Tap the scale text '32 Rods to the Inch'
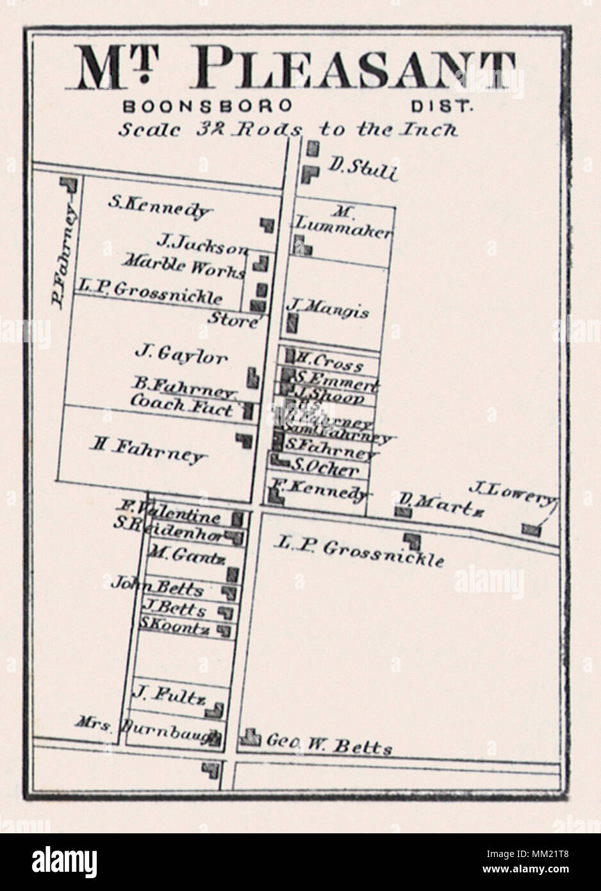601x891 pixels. (x=288, y=129)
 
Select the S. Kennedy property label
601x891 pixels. (x=160, y=206)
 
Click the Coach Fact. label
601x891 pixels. (x=182, y=406)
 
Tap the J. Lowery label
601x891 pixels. (x=513, y=492)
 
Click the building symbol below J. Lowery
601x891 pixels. (x=531, y=529)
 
